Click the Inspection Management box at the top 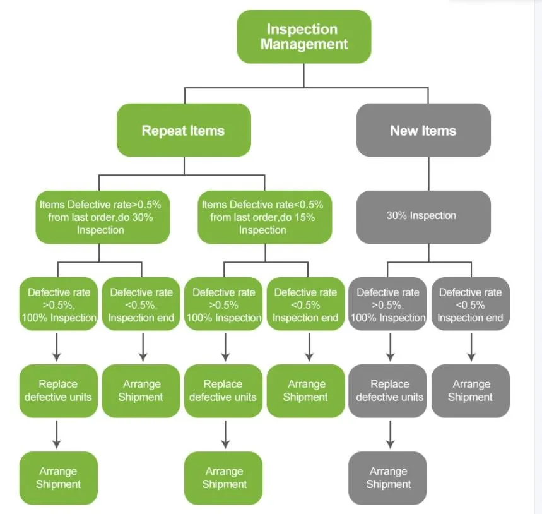[303, 37]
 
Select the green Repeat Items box [183, 130]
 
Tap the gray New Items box [423, 130]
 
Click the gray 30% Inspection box [423, 216]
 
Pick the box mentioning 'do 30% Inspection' [102, 217]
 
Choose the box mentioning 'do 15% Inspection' [264, 217]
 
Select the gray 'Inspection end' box [471, 304]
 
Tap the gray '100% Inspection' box [388, 304]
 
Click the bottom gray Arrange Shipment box [388, 477]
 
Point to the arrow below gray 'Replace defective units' [389, 434]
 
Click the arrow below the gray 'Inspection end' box [471, 347]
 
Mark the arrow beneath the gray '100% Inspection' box [389, 347]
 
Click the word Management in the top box [304, 44]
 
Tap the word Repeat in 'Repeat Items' [162, 131]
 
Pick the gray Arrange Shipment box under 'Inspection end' [471, 390]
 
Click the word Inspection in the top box [302, 29]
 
